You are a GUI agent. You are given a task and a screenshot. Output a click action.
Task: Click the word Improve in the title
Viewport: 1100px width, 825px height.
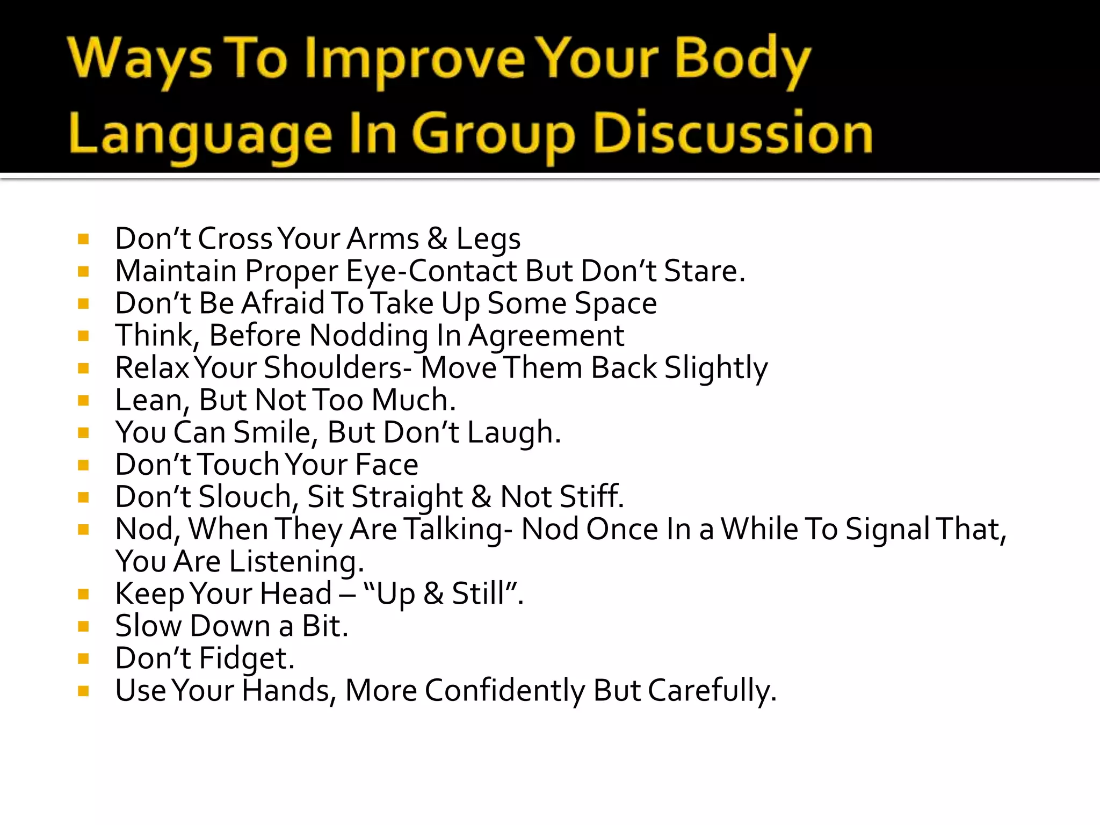[x=415, y=60]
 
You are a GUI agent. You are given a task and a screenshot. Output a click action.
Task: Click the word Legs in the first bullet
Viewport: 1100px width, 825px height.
[x=488, y=240]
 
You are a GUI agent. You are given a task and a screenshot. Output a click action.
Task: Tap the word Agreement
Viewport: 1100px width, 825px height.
[x=546, y=337]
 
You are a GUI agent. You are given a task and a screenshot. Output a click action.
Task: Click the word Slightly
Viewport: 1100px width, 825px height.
[x=716, y=369]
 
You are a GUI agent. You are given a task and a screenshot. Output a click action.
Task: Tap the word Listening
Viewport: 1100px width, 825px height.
[x=296, y=562]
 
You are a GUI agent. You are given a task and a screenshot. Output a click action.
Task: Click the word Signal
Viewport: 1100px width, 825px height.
[x=887, y=530]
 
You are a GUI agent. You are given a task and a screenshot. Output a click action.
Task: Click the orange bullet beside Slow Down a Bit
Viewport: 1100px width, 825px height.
[x=83, y=626]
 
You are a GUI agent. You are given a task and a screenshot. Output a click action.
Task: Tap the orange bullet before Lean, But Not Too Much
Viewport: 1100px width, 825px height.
[x=83, y=401]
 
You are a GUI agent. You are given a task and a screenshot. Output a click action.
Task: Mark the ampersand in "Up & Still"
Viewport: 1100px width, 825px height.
[x=433, y=594]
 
